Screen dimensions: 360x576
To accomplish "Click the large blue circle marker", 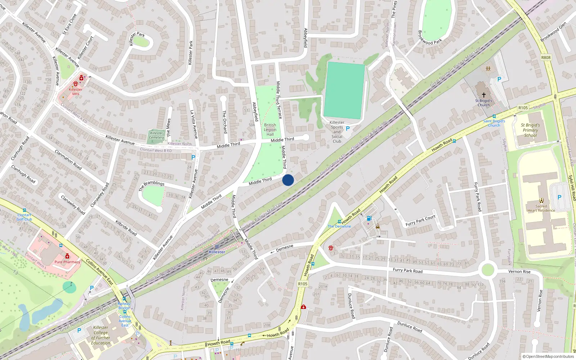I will [288, 180].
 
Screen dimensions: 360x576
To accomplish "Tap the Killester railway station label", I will [217, 252].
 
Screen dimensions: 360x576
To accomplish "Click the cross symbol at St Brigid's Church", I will [483, 95].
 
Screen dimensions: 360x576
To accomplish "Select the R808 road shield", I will [546, 58].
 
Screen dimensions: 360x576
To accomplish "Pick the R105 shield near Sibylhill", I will [523, 108].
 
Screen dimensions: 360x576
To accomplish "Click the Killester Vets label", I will [76, 91].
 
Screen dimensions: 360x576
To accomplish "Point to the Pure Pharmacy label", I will [67, 262].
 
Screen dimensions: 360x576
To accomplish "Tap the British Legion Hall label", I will [270, 130].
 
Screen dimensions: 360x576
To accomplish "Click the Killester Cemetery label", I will [157, 135].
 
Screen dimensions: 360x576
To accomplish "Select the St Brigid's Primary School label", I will [530, 130].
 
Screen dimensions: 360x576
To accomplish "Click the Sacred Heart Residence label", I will [541, 208].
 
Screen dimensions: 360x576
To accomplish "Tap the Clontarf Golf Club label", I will [24, 217].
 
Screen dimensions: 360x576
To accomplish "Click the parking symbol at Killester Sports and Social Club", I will [348, 128].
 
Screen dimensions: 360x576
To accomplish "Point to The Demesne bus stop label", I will [339, 226].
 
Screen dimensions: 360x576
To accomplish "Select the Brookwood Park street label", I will [430, 37].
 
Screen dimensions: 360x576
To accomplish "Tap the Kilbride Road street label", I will [126, 228].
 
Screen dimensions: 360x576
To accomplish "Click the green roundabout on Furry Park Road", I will [487, 270].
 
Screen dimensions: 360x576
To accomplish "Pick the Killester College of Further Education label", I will [101, 335].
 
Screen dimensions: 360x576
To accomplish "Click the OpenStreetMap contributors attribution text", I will [548, 357].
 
